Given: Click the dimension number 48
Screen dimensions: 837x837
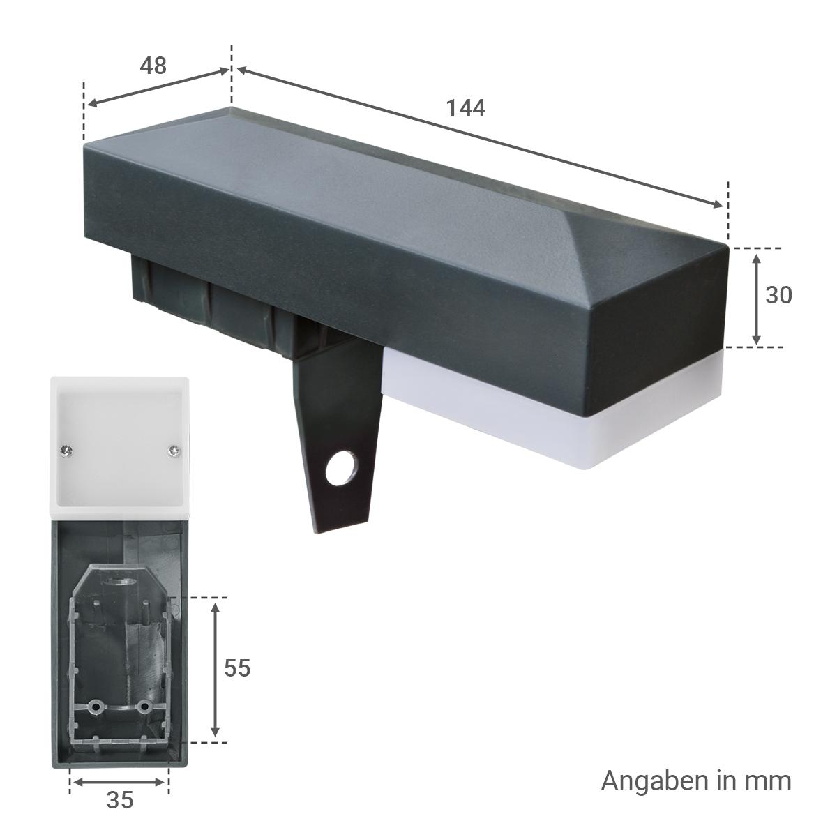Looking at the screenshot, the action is pyautogui.click(x=153, y=66).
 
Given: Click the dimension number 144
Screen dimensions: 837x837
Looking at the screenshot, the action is pyautogui.click(x=466, y=108).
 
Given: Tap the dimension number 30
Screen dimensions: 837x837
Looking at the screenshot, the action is pyautogui.click(x=779, y=295).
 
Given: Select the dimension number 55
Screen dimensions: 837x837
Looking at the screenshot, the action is pyautogui.click(x=237, y=668).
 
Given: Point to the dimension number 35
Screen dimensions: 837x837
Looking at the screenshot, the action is pyautogui.click(x=120, y=799).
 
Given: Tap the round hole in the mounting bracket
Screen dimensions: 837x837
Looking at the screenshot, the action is pyautogui.click(x=341, y=468).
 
